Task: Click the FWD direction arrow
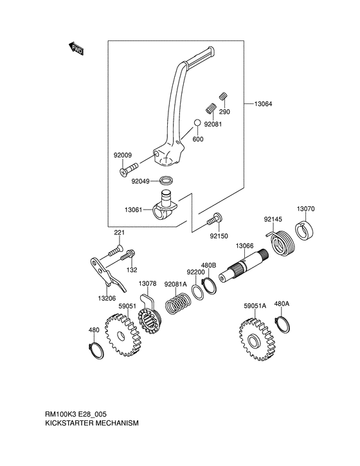click(76, 49)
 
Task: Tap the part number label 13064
click(263, 104)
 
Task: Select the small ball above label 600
click(197, 123)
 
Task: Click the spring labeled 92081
click(211, 108)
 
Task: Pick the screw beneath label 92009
click(129, 168)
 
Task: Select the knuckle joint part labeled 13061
click(165, 205)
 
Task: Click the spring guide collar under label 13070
click(305, 229)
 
